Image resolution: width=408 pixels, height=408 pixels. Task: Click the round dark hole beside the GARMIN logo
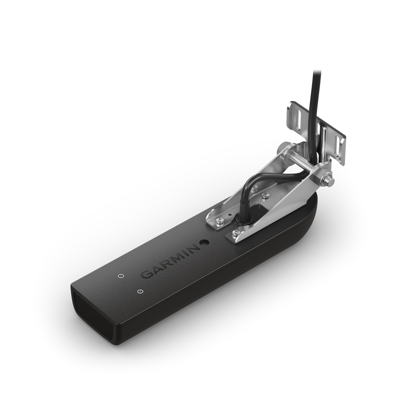[204, 242]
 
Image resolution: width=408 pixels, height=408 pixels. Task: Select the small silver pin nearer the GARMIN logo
[120, 276]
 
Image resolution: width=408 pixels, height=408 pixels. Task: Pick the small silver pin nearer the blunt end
[140, 291]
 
